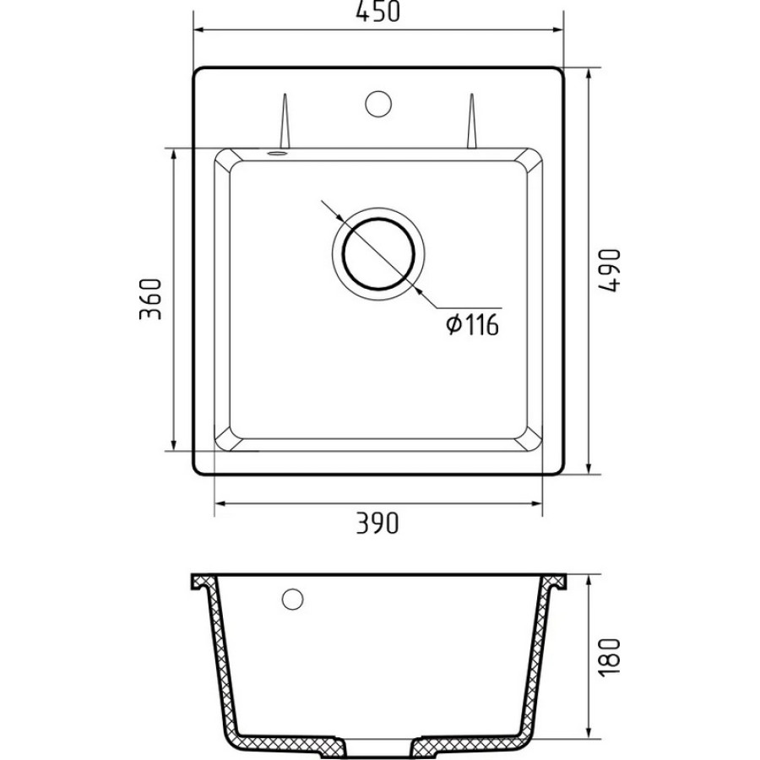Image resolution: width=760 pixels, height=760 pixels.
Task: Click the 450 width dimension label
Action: [378, 11]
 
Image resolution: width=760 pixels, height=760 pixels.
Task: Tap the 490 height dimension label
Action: [609, 270]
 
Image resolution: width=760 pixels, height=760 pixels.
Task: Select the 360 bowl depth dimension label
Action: [149, 299]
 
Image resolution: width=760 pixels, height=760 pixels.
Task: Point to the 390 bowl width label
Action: [377, 523]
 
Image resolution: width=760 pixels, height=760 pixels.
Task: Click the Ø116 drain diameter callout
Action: [473, 324]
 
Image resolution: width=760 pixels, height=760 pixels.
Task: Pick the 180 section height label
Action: [609, 657]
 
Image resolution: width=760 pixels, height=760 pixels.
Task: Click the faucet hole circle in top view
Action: [378, 104]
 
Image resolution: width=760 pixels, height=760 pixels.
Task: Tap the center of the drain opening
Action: [378, 254]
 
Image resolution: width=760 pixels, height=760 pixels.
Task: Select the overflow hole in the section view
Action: [293, 599]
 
